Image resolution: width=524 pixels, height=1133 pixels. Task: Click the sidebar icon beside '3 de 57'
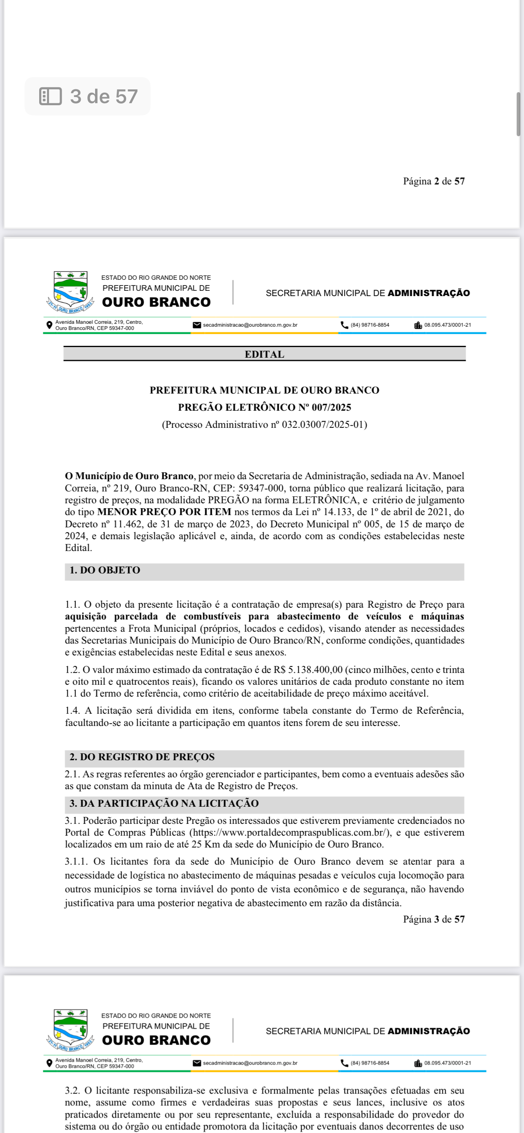pyautogui.click(x=50, y=96)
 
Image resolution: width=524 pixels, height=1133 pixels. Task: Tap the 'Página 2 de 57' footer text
pyautogui.click(x=433, y=181)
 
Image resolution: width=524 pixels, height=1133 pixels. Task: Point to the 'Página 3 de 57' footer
pyautogui.click(x=433, y=919)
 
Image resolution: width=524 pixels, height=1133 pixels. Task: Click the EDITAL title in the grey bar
pyautogui.click(x=264, y=354)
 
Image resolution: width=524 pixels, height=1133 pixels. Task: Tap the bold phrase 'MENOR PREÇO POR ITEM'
pyautogui.click(x=164, y=512)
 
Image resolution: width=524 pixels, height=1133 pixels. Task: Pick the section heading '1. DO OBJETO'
pyautogui.click(x=105, y=570)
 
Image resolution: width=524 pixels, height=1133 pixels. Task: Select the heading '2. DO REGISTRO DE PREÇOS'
pyautogui.click(x=142, y=757)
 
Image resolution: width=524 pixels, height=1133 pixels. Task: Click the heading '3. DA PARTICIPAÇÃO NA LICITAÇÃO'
pyautogui.click(x=164, y=803)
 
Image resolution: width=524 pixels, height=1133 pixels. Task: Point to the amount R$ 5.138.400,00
pyautogui.click(x=308, y=670)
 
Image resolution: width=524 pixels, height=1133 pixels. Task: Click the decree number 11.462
pyautogui.click(x=128, y=524)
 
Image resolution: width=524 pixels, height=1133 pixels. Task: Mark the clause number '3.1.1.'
pyautogui.click(x=75, y=862)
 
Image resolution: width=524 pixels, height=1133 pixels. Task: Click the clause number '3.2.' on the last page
pyautogui.click(x=72, y=1091)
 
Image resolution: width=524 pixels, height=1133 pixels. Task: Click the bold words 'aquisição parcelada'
pyautogui.click(x=111, y=617)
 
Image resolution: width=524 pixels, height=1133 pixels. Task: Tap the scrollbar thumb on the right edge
pyautogui.click(x=519, y=114)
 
